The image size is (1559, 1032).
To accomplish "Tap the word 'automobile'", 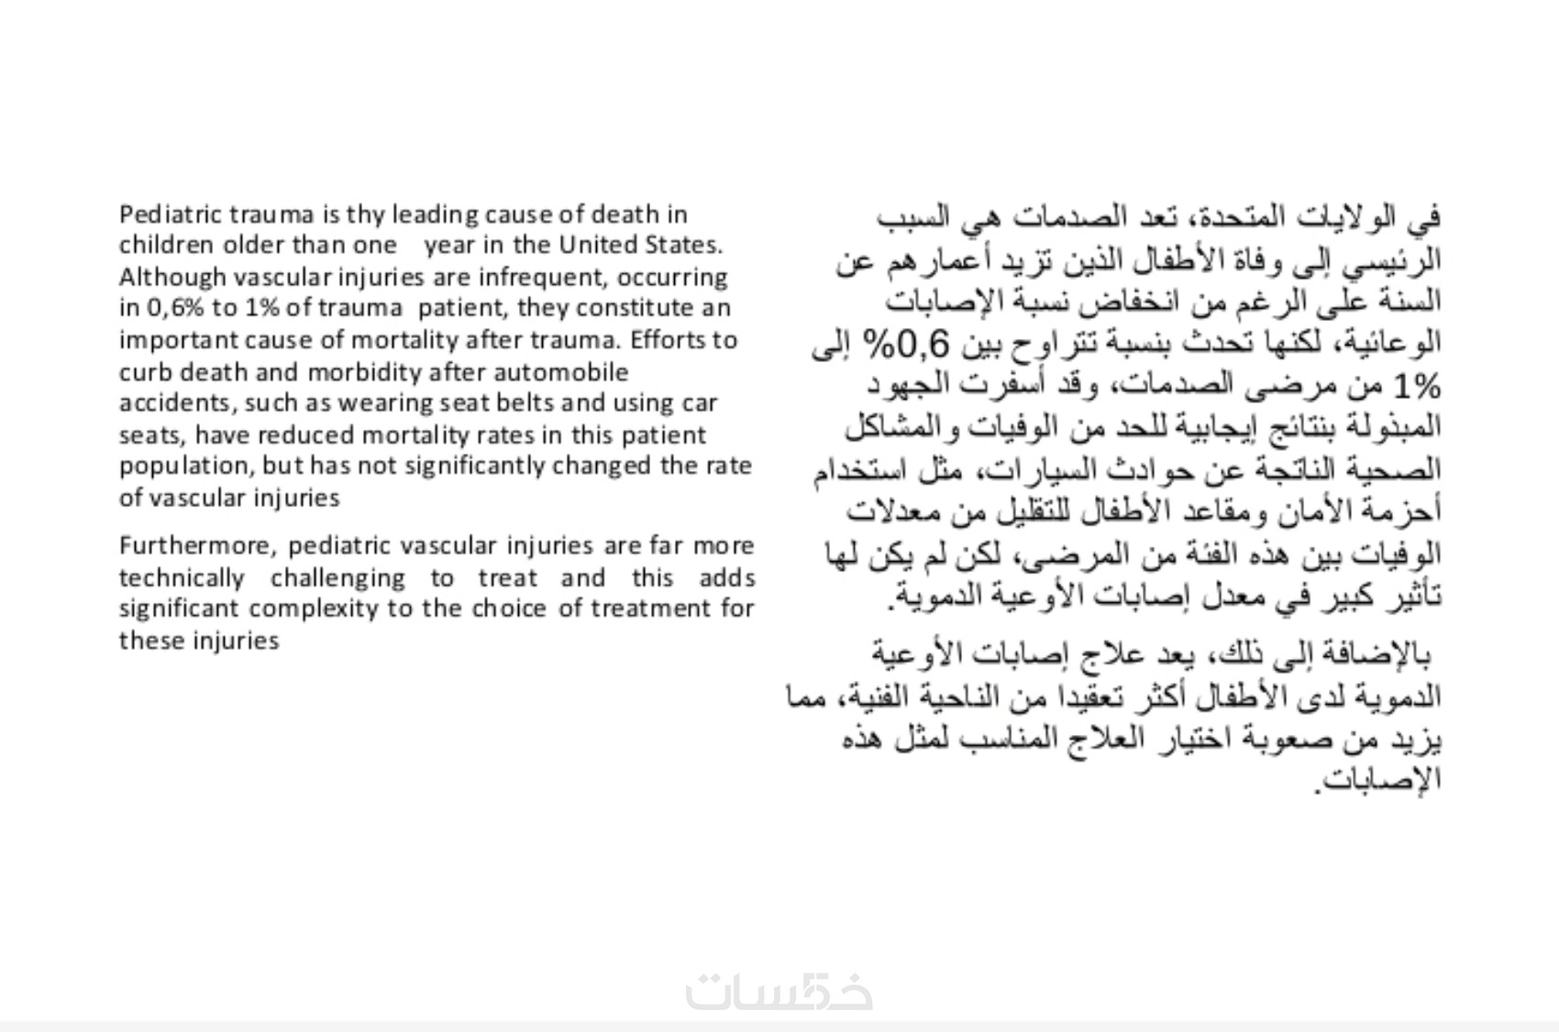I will (561, 372).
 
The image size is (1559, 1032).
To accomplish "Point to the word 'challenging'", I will (337, 578).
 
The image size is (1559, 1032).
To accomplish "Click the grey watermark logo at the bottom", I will (779, 992).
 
